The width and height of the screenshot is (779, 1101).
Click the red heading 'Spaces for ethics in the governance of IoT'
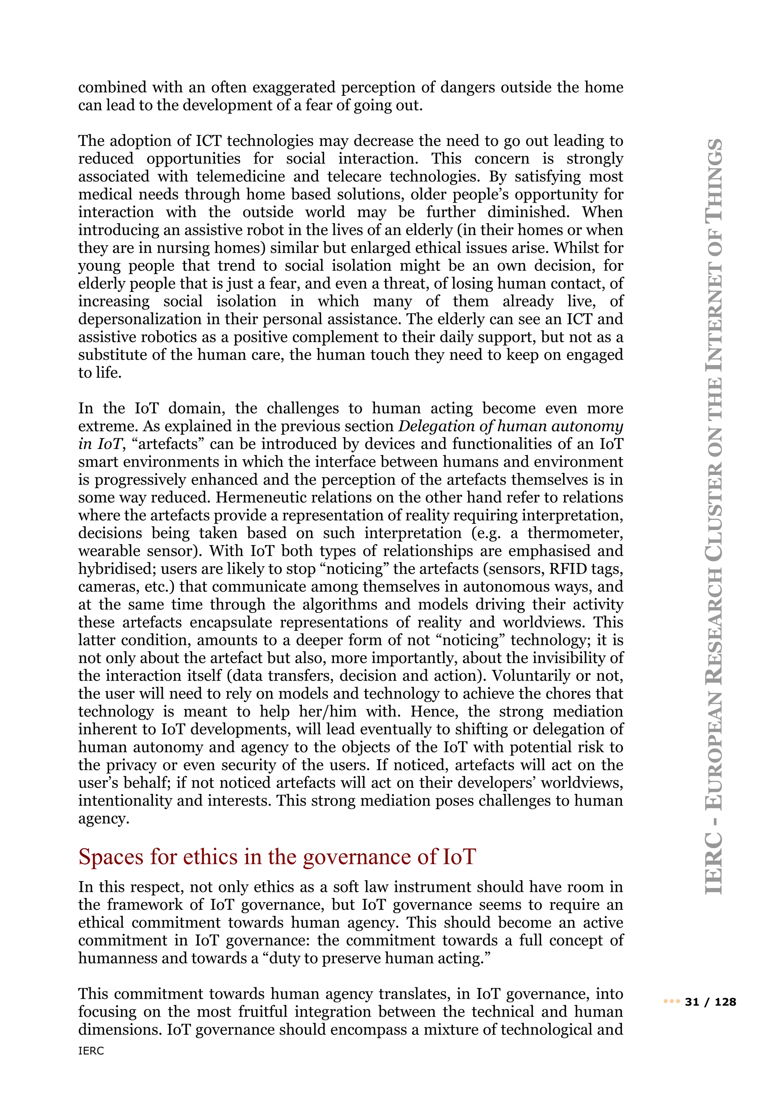coord(277,857)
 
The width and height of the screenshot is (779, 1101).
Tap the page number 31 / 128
coord(711,1002)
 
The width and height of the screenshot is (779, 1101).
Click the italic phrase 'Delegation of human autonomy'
coord(511,426)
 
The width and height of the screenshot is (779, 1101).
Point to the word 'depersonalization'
coord(137,319)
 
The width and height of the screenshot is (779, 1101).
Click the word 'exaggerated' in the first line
coord(294,87)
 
